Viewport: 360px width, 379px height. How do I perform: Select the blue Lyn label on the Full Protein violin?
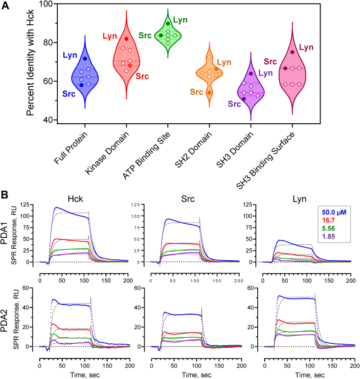(x=70, y=55)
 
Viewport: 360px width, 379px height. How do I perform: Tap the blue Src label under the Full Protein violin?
(x=70, y=93)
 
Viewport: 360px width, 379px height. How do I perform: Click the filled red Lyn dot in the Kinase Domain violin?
(x=127, y=39)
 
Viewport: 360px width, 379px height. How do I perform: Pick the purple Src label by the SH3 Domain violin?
(x=234, y=104)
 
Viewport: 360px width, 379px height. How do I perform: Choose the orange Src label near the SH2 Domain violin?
(x=196, y=92)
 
